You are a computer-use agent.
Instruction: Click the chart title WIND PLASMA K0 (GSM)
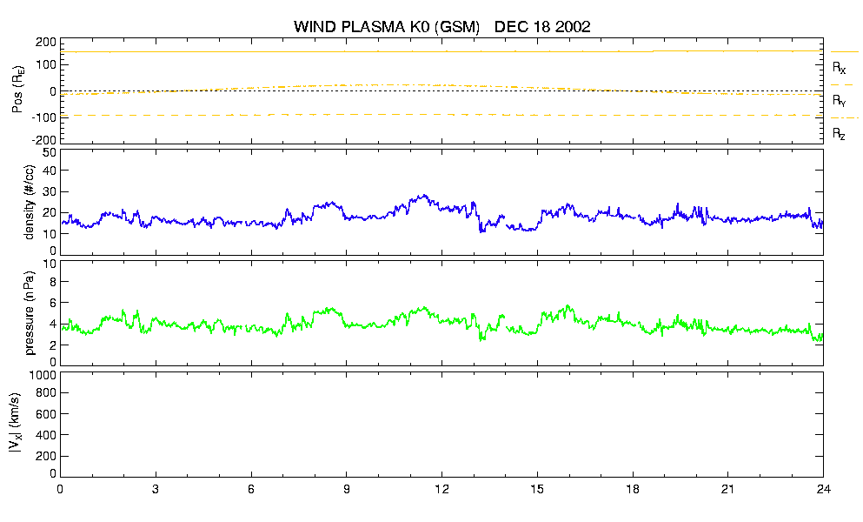click(387, 26)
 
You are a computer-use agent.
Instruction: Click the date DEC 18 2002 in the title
click(542, 26)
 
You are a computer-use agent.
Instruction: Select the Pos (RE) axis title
click(17, 90)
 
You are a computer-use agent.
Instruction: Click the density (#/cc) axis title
click(30, 203)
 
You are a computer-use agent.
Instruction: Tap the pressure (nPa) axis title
click(30, 313)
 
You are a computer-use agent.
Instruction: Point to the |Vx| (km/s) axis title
click(16, 424)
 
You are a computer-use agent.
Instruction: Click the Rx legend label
click(839, 67)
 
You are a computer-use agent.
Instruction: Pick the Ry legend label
click(839, 100)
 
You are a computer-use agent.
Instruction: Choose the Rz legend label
click(839, 133)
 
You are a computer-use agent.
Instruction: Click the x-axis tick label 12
click(441, 489)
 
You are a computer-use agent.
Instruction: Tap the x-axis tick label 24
click(823, 489)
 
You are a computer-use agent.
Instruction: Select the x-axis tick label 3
click(156, 489)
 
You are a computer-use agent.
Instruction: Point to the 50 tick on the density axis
click(50, 153)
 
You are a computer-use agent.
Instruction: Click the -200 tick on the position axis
click(44, 140)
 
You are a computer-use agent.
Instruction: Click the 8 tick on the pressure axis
click(53, 282)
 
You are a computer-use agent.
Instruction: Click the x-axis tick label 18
click(633, 489)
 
